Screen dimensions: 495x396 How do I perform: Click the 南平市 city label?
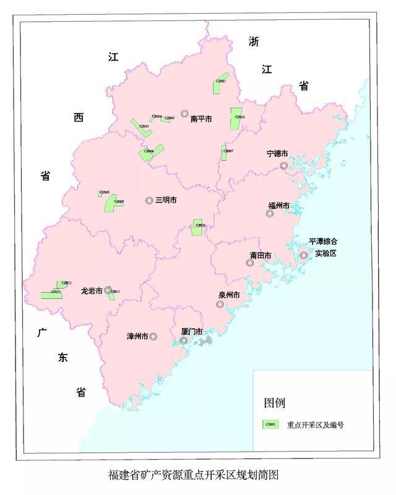click(x=201, y=118)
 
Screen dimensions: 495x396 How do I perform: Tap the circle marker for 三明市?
click(x=149, y=200)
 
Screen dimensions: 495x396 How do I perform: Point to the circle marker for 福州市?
click(x=269, y=214)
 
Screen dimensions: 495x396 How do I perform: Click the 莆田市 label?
click(x=260, y=255)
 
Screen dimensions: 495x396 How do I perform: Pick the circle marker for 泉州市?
click(x=220, y=305)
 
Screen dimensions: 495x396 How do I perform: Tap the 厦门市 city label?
click(x=192, y=331)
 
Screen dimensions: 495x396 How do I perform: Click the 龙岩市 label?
click(x=92, y=290)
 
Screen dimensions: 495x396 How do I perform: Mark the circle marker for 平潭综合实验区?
click(x=304, y=255)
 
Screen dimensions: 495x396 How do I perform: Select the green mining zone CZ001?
click(x=220, y=86)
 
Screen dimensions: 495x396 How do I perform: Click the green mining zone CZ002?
click(x=236, y=119)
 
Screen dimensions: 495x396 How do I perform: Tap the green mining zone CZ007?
click(x=224, y=153)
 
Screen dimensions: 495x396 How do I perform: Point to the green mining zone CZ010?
click(x=197, y=227)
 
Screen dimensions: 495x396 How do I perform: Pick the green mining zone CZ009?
click(x=114, y=203)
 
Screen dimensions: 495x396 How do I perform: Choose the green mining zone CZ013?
click(x=51, y=294)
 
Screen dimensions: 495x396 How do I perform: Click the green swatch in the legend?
click(x=270, y=425)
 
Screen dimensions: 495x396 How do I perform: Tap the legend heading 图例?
click(x=275, y=403)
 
